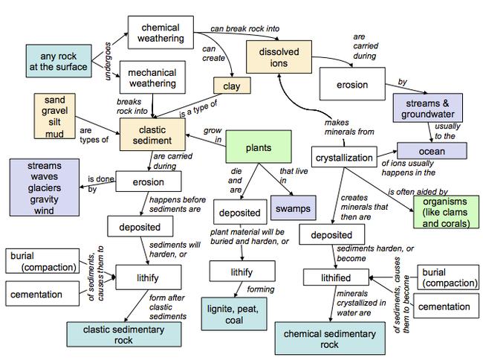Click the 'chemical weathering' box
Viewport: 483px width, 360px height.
pyautogui.click(x=160, y=33)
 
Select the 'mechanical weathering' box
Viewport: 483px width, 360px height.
pyautogui.click(x=152, y=78)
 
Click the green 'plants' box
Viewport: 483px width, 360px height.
pyautogui.click(x=257, y=147)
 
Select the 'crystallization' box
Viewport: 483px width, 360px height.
pyautogui.click(x=343, y=158)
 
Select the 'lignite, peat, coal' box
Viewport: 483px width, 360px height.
pyautogui.click(x=233, y=313)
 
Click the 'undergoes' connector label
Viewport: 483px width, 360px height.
pyautogui.click(x=108, y=61)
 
